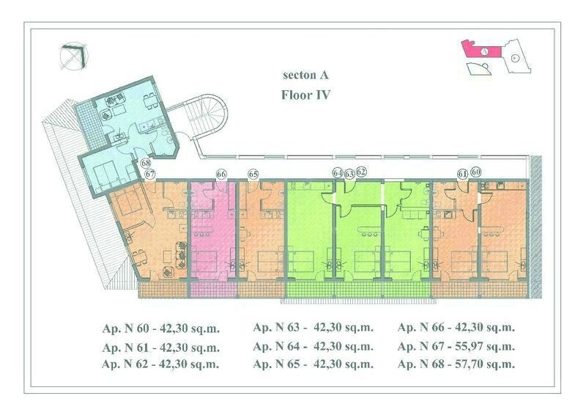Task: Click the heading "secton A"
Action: pos(305,76)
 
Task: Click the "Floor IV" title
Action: pos(305,95)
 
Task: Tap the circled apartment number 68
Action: pos(146,164)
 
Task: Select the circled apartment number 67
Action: pos(150,174)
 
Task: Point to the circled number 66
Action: pos(221,174)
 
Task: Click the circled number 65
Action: pos(253,174)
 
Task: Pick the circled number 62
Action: pos(361,172)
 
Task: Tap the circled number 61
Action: pos(463,174)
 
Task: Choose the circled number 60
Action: pos(475,172)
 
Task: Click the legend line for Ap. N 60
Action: pos(160,329)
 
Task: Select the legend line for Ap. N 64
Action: pos(314,347)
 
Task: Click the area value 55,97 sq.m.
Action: pos(485,347)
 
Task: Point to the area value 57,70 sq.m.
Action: pos(485,364)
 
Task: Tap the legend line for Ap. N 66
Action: pos(456,328)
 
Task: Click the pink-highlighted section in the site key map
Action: pos(481,49)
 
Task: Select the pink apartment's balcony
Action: pos(213,290)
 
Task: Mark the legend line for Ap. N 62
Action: pos(160,364)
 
